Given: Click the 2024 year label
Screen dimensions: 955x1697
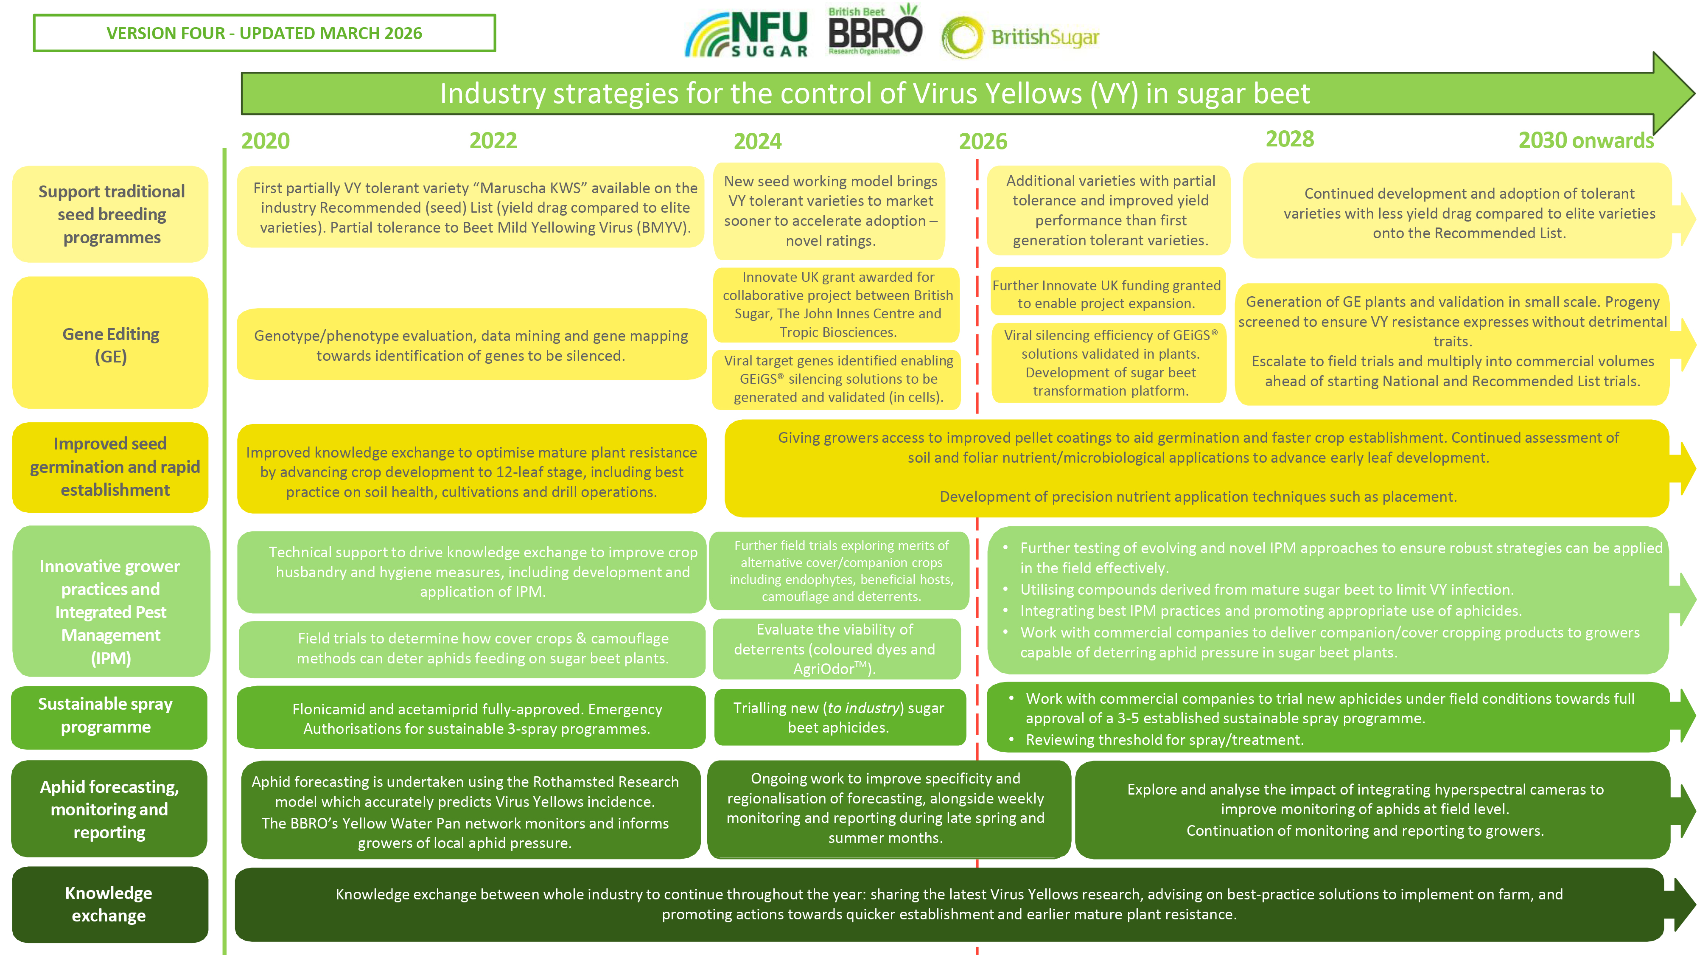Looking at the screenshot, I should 758,141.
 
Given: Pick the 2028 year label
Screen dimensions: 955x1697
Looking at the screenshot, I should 1289,139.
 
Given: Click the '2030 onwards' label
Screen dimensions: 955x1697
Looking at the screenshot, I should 1586,140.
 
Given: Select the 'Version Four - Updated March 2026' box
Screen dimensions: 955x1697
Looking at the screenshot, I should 264,33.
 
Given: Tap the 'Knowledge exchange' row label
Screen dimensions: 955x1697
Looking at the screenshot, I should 109,904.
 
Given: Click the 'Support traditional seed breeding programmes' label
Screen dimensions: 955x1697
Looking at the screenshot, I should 111,214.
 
